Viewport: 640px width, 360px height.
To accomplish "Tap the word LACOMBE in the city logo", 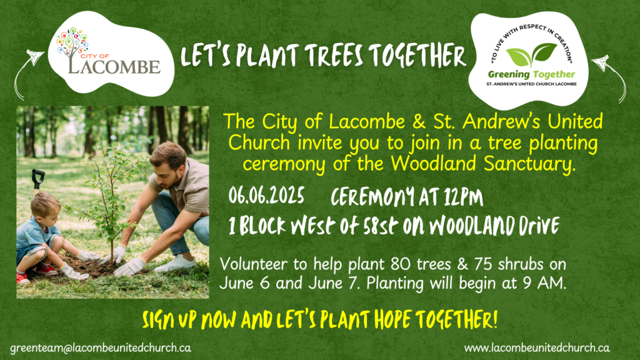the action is pos(114,66).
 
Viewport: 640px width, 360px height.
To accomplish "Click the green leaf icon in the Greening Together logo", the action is pos(531,55).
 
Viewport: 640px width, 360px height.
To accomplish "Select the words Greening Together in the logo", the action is pos(531,74).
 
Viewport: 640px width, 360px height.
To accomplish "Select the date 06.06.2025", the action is pos(266,195).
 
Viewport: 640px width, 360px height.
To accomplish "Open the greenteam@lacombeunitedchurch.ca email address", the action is pos(101,348).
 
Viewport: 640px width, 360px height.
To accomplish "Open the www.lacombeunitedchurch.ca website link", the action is pos(537,348).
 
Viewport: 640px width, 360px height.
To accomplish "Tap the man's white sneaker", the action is pos(175,264).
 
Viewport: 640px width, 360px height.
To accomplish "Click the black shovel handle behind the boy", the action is pos(38,178).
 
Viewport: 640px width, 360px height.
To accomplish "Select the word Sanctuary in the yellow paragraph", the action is pos(529,164).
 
